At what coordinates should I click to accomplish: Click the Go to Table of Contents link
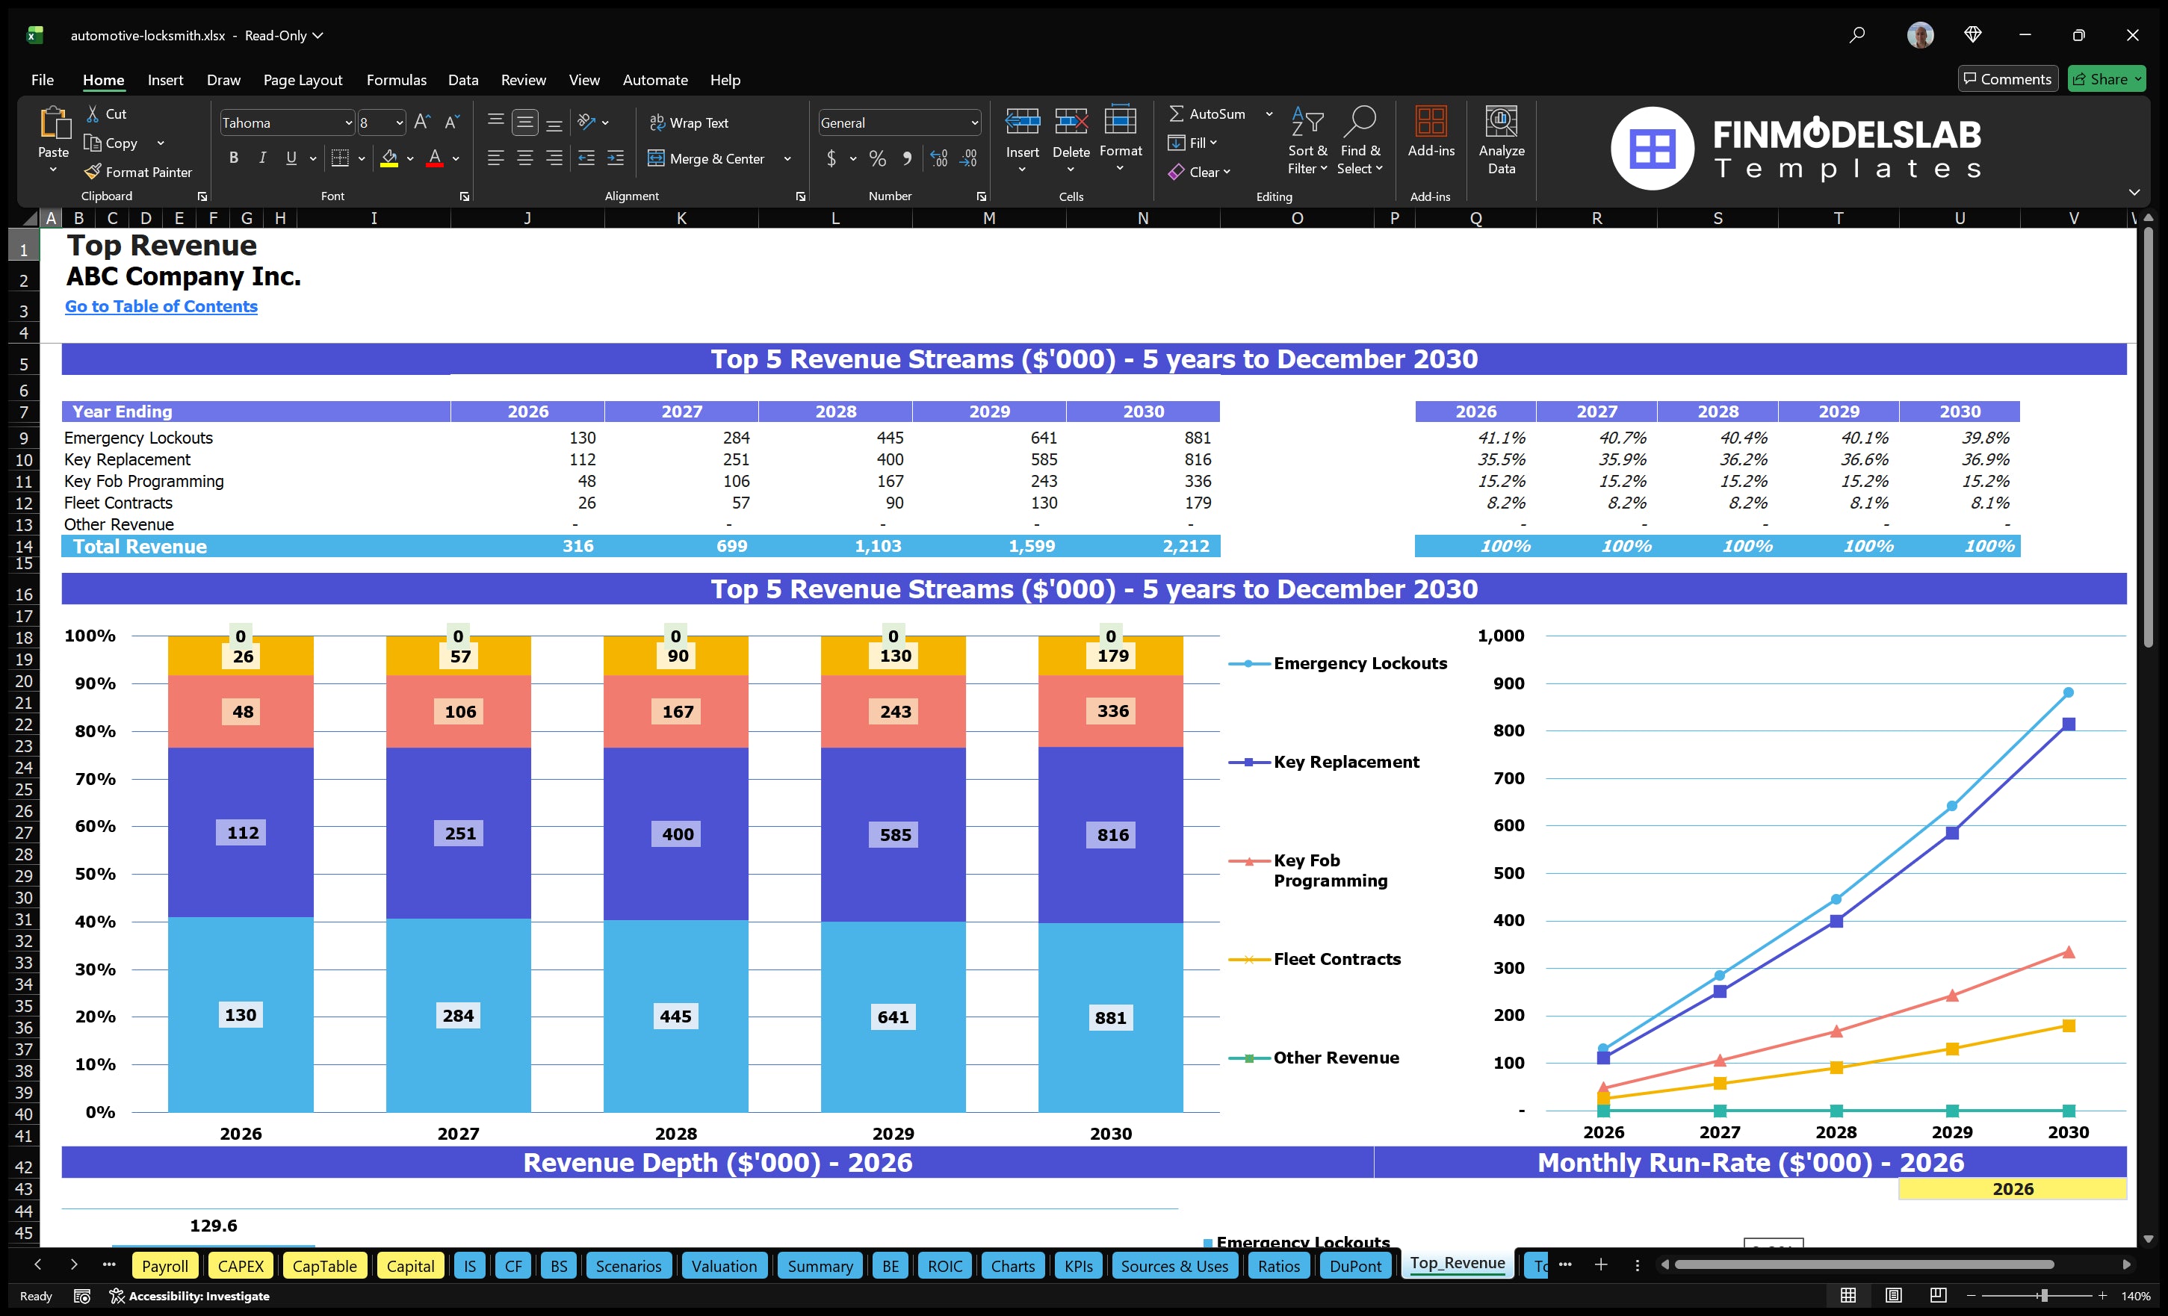click(x=161, y=306)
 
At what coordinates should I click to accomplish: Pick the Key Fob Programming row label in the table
click(x=144, y=481)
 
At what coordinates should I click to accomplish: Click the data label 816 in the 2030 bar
click(x=1112, y=835)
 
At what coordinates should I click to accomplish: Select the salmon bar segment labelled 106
click(x=459, y=712)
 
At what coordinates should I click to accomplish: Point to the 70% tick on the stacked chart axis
click(x=95, y=778)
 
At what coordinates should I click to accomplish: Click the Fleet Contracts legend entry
click(x=1336, y=959)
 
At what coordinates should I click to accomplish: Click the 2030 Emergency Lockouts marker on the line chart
click(x=2068, y=693)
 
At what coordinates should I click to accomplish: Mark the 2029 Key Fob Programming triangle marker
click(x=1951, y=996)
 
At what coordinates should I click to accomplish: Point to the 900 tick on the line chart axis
click(x=1508, y=683)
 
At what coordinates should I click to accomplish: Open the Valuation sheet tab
click(x=723, y=1266)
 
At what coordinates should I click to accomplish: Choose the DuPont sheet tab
click(x=1355, y=1266)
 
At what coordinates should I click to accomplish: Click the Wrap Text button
click(x=689, y=123)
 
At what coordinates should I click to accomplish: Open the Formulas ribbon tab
click(x=396, y=80)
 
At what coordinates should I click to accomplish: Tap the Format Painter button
click(x=138, y=173)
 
